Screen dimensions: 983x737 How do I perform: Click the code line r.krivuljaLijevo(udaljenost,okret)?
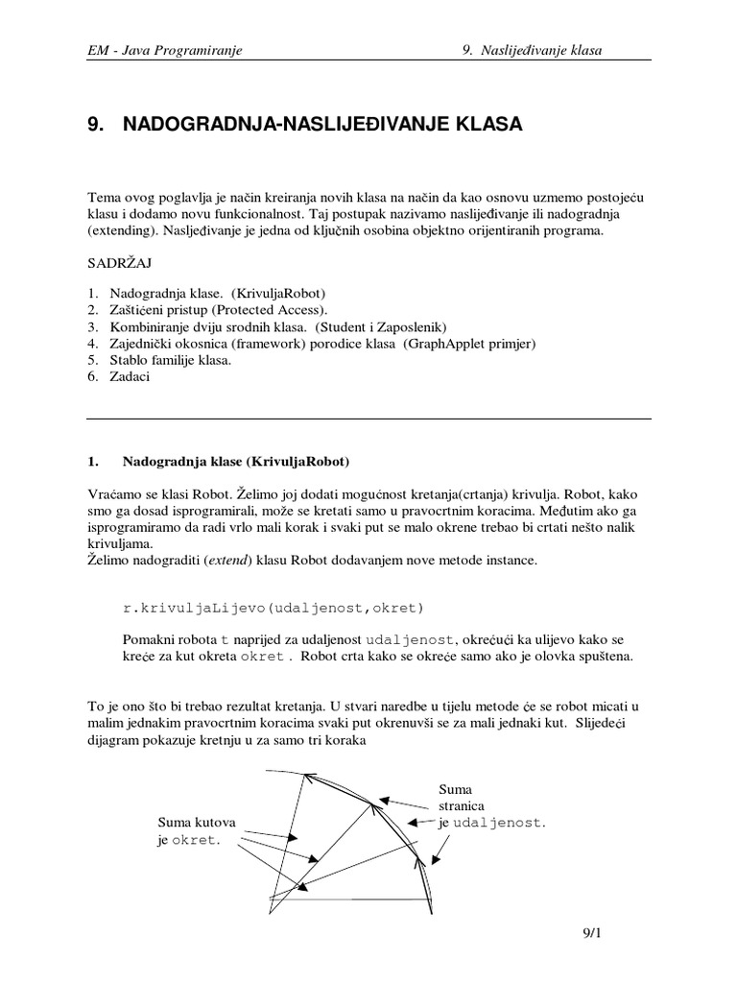click(273, 609)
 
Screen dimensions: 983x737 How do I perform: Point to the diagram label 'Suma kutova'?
click(196, 822)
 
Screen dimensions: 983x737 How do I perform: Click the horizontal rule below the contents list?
click(368, 419)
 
